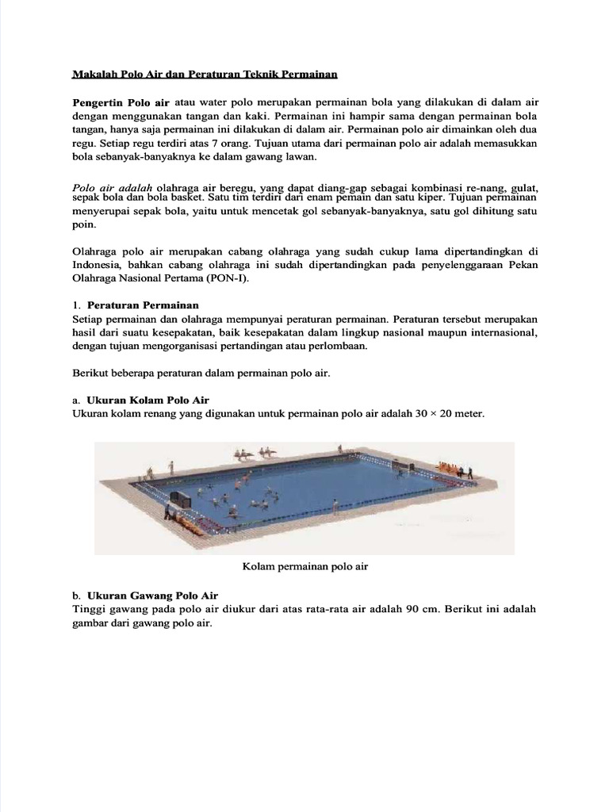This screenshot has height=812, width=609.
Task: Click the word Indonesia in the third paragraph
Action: point(96,265)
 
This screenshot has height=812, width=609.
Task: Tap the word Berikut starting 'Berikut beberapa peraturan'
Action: point(91,373)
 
